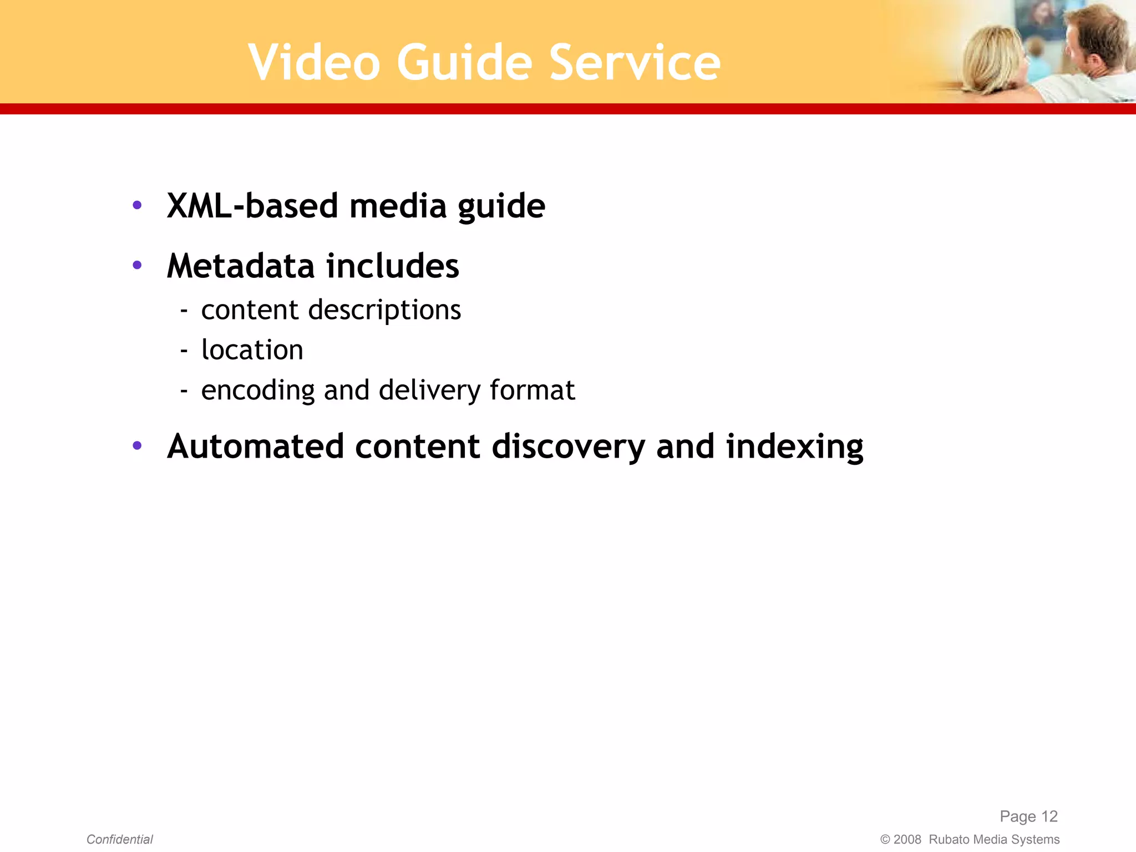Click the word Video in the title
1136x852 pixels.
click(315, 63)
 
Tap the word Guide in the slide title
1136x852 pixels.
click(464, 63)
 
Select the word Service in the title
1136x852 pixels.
click(635, 63)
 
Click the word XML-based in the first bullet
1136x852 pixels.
click(252, 206)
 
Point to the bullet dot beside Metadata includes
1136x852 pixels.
click(137, 265)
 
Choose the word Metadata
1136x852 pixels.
click(241, 266)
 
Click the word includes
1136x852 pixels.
click(393, 266)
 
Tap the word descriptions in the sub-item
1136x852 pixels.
click(384, 310)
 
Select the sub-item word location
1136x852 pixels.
click(252, 350)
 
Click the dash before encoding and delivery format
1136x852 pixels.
click(184, 391)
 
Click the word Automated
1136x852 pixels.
click(255, 447)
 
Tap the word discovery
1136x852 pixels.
click(568, 447)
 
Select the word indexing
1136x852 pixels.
click(794, 447)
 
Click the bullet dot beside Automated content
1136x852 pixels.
click(137, 445)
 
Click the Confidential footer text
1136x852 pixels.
click(119, 839)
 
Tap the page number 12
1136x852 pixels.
click(1049, 816)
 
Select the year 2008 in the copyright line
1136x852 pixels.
click(907, 839)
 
